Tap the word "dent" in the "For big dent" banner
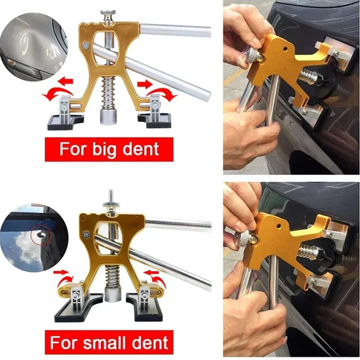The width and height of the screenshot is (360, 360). click(140, 149)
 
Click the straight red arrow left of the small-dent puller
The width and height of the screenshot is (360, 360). click(61, 272)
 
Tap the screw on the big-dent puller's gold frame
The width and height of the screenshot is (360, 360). click(86, 45)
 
